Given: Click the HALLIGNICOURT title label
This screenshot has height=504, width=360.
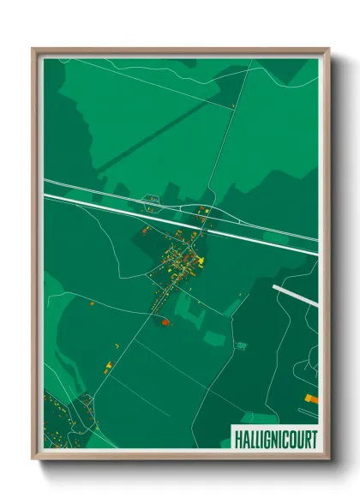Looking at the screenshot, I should pyautogui.click(x=273, y=439).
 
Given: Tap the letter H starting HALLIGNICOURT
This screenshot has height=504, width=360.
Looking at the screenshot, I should pyautogui.click(x=237, y=439).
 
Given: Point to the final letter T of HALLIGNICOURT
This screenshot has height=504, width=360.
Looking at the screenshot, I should pyautogui.click(x=311, y=439).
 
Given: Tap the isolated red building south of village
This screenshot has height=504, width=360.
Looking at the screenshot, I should pyautogui.click(x=164, y=321).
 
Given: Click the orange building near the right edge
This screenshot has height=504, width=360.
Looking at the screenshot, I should pyautogui.click(x=310, y=398).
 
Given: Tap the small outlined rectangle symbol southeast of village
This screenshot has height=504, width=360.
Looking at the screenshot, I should pyautogui.click(x=241, y=345).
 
